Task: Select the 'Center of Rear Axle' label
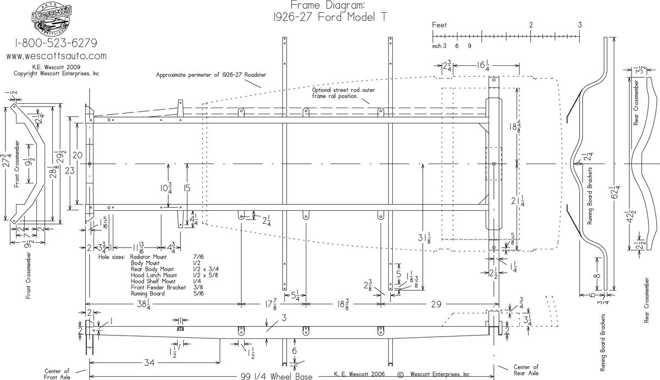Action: (x=526, y=370)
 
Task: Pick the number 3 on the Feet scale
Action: (x=580, y=25)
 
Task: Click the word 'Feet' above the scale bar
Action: (x=440, y=25)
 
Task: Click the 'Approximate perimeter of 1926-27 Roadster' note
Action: (x=211, y=75)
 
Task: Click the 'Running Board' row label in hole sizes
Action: (x=149, y=294)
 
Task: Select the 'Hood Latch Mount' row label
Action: (x=153, y=276)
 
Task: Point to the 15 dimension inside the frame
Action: (x=187, y=188)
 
